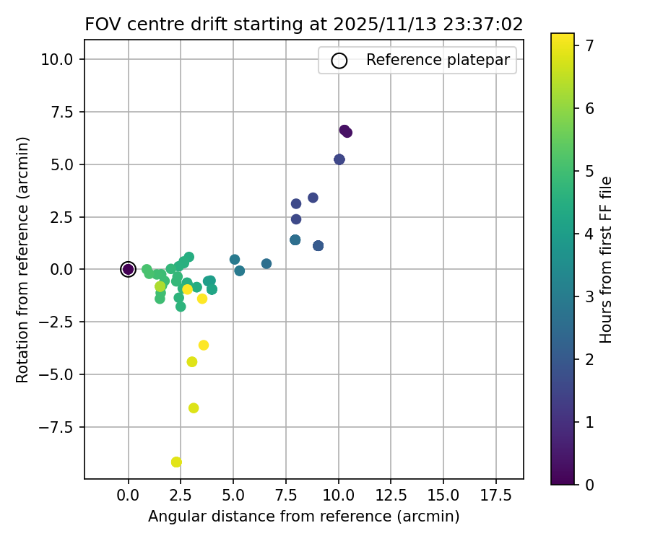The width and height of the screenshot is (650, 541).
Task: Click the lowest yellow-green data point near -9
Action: pos(176,462)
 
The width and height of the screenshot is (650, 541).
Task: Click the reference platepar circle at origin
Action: pos(129,269)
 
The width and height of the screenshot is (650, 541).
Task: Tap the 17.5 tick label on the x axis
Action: pos(495,496)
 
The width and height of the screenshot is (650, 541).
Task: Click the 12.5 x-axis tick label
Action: pos(391,496)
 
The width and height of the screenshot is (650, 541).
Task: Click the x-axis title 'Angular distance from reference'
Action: pos(303,516)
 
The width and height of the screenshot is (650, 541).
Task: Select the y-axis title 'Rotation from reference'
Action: pos(24,260)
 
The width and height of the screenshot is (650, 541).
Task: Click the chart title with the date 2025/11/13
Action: pos(303,24)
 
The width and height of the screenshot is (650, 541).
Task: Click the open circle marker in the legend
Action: pos(339,61)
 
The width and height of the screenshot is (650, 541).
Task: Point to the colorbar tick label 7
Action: pos(589,45)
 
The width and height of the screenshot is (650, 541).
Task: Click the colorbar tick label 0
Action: pos(589,484)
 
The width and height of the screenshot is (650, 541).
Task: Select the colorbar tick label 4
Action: pos(589,234)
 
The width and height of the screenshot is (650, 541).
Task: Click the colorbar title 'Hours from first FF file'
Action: pos(607,260)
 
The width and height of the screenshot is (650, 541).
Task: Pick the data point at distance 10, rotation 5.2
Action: pos(339,159)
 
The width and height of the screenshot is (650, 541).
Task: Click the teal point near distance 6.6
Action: pos(266,264)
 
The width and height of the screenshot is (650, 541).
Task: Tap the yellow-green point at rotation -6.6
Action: pos(194,408)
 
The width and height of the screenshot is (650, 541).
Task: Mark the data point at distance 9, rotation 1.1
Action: pos(318,246)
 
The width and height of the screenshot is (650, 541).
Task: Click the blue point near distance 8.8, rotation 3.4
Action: pos(313,198)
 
